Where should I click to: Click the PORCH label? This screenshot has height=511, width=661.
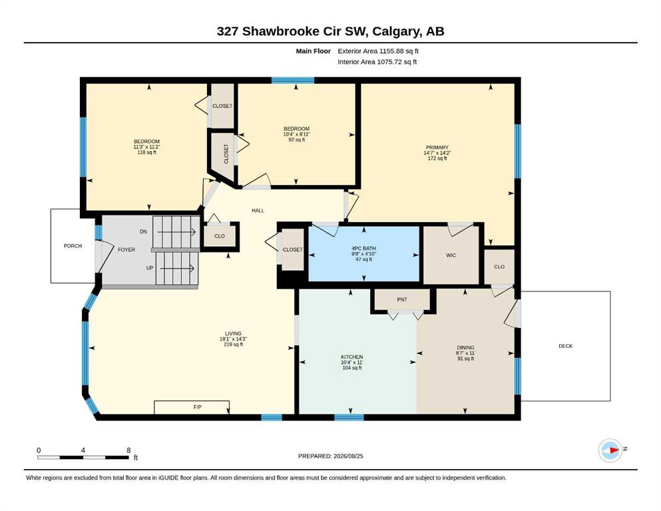(x=73, y=246)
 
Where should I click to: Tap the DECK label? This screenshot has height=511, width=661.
(x=565, y=346)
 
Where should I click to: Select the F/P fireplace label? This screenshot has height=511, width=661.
(x=197, y=407)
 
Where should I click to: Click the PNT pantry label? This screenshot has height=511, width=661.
(x=402, y=299)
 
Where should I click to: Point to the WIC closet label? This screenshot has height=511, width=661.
(x=451, y=255)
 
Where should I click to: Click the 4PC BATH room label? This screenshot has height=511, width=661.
(x=364, y=249)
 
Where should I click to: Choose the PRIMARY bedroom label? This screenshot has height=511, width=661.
(x=437, y=148)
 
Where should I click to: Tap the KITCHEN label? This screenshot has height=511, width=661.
(x=351, y=357)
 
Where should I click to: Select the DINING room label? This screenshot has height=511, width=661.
(x=465, y=347)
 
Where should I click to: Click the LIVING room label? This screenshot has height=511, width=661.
(x=233, y=333)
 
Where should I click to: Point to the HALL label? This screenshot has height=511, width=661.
(x=258, y=210)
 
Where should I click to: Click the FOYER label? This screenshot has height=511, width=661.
(x=126, y=250)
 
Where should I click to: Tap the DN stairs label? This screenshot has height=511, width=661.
(x=143, y=232)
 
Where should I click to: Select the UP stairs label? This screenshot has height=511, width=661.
(x=150, y=268)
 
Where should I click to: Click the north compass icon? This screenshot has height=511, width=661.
(x=610, y=450)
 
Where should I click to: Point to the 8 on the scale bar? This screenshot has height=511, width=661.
(x=128, y=450)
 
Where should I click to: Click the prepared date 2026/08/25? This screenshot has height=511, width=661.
(x=348, y=456)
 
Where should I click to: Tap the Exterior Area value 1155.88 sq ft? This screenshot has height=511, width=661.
(x=399, y=51)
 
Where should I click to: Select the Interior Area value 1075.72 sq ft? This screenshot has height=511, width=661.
(x=397, y=62)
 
